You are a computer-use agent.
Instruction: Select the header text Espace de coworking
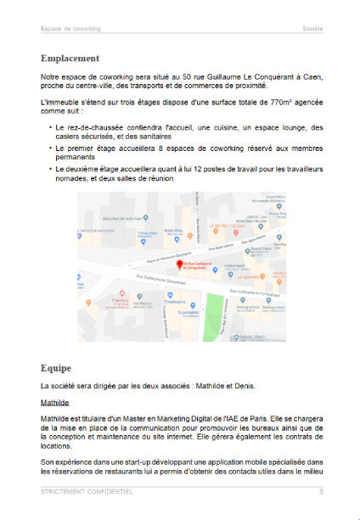tap(70, 29)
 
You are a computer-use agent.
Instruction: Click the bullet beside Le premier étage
tap(50, 148)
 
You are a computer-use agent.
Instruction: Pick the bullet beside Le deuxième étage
tap(50, 168)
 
